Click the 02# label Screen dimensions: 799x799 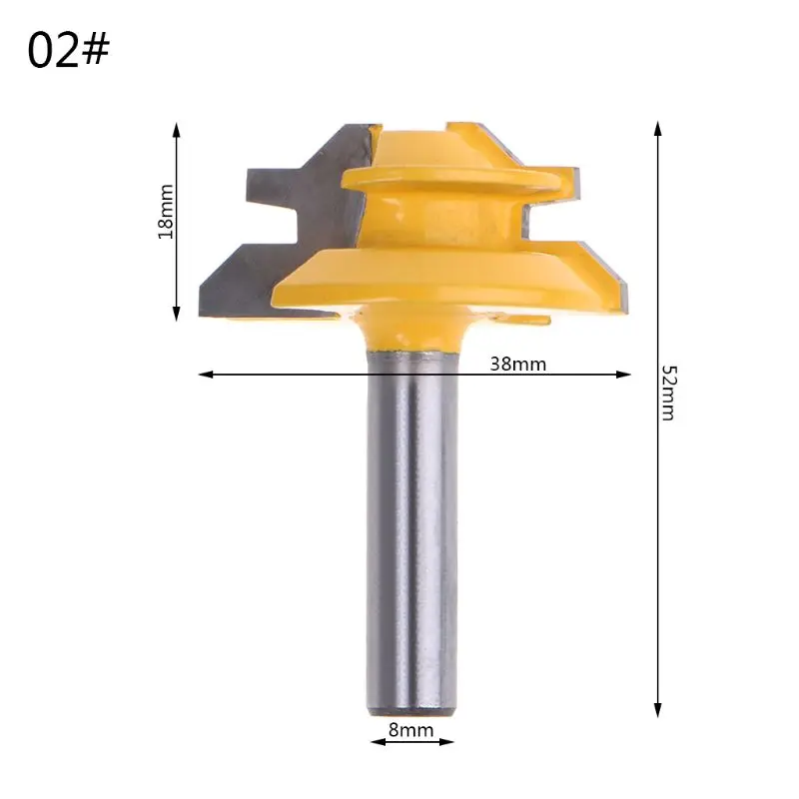(68, 50)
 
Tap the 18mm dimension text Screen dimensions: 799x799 (166, 212)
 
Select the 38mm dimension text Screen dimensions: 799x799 (517, 364)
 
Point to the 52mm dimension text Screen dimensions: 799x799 (667, 393)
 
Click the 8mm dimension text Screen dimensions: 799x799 (410, 730)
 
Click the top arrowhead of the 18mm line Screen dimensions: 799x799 (177, 130)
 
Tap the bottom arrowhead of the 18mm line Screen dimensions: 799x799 (177, 314)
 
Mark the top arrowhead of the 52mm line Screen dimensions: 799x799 (657, 129)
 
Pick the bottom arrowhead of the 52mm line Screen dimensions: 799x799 (657, 710)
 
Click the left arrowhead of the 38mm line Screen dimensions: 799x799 (206, 375)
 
